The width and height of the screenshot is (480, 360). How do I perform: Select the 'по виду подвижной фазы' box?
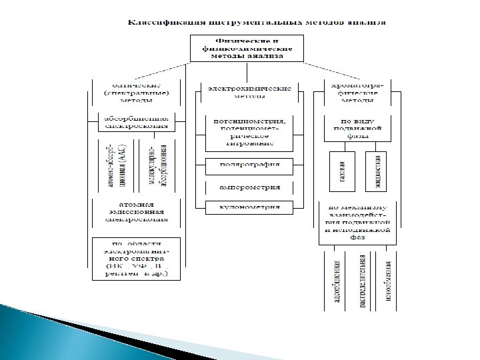click(x=358, y=127)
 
